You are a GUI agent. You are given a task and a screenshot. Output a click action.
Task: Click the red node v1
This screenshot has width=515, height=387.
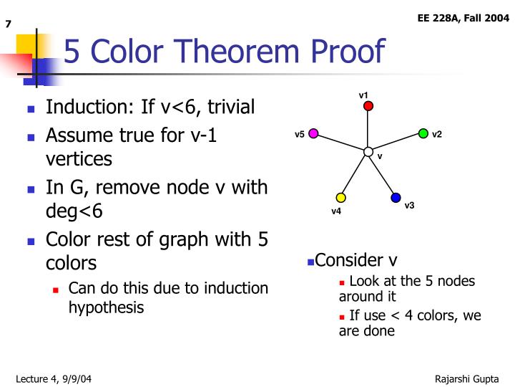tap(368, 106)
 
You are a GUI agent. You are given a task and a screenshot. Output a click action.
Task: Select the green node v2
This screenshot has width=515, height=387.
tap(423, 133)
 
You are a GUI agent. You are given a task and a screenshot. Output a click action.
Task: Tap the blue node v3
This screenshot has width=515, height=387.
tap(396, 197)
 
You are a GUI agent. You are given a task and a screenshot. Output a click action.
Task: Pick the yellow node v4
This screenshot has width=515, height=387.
tap(340, 198)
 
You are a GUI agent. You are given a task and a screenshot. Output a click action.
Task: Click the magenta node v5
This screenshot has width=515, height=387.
tap(313, 133)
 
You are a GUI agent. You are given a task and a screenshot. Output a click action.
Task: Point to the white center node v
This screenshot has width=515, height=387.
tap(368, 152)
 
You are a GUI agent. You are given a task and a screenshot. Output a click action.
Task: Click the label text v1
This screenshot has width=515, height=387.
tap(363, 95)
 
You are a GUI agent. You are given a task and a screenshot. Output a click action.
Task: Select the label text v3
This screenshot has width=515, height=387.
tap(409, 206)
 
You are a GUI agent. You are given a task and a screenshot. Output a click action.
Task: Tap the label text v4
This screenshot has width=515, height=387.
tap(336, 211)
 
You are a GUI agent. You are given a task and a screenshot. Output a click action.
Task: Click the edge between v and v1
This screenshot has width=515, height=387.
tap(368, 129)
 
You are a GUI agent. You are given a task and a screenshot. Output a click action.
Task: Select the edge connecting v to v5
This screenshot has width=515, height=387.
tap(340, 143)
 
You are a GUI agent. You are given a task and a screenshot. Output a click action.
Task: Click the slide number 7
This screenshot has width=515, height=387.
tap(9, 25)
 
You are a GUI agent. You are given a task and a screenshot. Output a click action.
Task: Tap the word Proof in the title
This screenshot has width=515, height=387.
tap(351, 52)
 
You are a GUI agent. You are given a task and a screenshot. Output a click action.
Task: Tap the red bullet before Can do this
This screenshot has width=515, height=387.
tap(56, 290)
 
